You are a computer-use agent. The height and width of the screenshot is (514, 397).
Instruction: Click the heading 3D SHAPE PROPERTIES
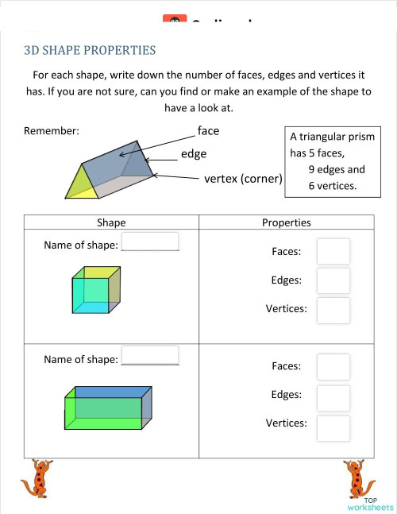[x=90, y=51]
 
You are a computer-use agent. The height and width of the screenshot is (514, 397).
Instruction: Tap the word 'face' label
[x=208, y=130]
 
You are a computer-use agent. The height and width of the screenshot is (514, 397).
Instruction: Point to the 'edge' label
[x=193, y=153]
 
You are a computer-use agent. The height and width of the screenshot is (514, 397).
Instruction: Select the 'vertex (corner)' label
[x=243, y=179]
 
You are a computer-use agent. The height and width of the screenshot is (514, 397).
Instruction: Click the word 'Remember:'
[x=52, y=131]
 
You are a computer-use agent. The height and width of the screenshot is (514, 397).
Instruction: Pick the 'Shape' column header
[x=111, y=223]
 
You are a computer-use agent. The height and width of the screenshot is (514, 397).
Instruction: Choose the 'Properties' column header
[x=286, y=223]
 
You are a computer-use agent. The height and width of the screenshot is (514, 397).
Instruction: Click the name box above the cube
[x=150, y=242]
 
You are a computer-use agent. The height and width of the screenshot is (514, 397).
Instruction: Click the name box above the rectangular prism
[x=150, y=355]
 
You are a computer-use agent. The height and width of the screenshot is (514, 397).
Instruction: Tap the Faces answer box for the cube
[x=333, y=251]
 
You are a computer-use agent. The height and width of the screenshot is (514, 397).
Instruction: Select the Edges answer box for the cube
[x=333, y=280]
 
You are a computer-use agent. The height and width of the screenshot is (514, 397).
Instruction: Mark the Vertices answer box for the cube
[x=333, y=310]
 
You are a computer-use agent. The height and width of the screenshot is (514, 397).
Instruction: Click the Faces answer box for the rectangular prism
[x=333, y=366]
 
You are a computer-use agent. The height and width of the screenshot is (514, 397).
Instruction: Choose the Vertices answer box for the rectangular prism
[x=333, y=427]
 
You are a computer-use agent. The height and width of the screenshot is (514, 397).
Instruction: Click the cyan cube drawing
[x=95, y=292]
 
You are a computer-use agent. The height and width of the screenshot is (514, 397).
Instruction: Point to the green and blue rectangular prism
[x=107, y=409]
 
